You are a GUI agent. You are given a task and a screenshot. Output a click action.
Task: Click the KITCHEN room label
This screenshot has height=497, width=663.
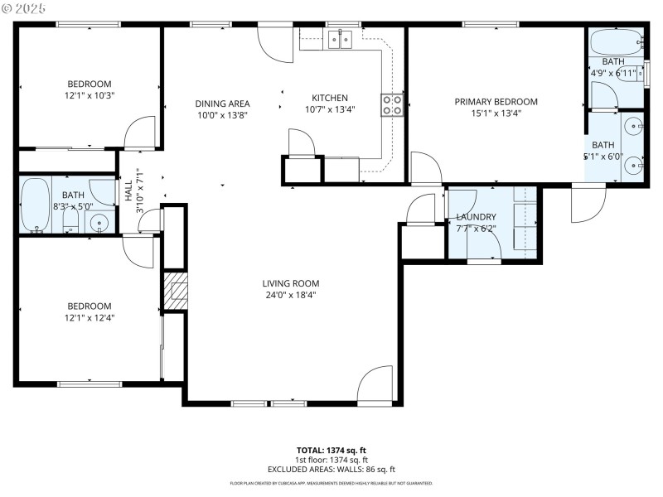pyautogui.click(x=330, y=98)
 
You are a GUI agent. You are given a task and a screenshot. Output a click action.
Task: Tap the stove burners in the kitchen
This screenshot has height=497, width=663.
pyautogui.click(x=392, y=104)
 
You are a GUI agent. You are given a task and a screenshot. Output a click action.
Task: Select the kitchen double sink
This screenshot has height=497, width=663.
pyautogui.click(x=340, y=38)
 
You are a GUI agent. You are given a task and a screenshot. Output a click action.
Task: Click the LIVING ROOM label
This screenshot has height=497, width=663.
pyautogui.click(x=292, y=283)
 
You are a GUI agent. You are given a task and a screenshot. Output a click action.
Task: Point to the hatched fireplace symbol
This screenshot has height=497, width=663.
pyautogui.click(x=176, y=292)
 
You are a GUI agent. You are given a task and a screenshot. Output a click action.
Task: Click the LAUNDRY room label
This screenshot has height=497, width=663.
pyautogui.click(x=476, y=217)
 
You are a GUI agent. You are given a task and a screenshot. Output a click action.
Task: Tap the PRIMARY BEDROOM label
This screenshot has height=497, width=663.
pyautogui.click(x=496, y=102)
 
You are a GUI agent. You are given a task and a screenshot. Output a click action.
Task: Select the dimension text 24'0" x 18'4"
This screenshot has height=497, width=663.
pyautogui.click(x=292, y=295)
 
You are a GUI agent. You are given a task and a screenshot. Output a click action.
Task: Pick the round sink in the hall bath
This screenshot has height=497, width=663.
pyautogui.click(x=99, y=222)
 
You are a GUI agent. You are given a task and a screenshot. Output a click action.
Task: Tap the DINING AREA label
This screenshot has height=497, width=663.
pyautogui.click(x=222, y=104)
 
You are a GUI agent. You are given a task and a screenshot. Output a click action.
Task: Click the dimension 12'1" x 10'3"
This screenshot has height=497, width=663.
pyautogui.click(x=89, y=95)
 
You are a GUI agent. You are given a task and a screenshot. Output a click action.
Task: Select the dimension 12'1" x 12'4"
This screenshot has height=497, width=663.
pyautogui.click(x=89, y=317)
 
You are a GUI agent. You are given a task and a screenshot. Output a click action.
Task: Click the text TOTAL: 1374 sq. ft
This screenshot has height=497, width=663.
pyautogui.click(x=331, y=450)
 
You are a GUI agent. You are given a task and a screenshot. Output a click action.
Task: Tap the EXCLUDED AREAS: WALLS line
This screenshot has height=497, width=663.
pyautogui.click(x=331, y=469)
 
